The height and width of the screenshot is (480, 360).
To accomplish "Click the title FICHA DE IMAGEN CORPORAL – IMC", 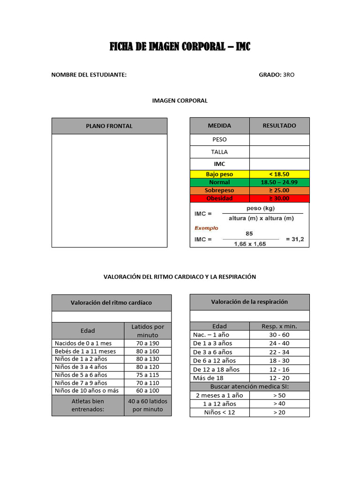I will coord(180,46).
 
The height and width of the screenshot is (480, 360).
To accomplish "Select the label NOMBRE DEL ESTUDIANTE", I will coord(89,75).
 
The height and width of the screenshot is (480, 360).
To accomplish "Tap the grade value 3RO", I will coord(289,75).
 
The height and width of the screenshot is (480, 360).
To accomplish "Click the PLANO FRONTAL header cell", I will coord(109,126).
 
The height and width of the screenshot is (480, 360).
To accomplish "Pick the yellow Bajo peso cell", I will coord(219,174).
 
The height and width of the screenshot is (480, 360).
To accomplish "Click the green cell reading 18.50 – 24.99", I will coord(279,182).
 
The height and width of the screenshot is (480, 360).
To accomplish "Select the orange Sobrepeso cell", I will coord(219,190).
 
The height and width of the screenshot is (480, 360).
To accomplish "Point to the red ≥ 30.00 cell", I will coord(279,198).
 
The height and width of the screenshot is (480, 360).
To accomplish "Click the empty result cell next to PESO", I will coord(279,140).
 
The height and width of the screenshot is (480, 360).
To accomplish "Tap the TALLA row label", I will coord(219,152).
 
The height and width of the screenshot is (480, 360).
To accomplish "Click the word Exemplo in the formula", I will coord(207,228).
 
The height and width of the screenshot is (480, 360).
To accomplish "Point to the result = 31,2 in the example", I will coord(294,239).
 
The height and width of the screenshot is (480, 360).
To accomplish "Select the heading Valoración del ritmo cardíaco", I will coord(111,302).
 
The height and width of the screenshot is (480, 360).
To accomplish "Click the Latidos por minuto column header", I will coord(148,331).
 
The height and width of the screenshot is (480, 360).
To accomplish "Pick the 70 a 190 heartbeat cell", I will coord(148,343).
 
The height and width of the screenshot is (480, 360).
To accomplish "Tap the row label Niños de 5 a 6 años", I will coord(81,375).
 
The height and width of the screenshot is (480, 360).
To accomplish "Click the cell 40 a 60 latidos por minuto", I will coord(148,405).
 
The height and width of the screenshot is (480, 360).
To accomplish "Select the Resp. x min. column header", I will coord(279,326).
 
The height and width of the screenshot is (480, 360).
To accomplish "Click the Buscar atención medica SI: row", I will coord(249,386).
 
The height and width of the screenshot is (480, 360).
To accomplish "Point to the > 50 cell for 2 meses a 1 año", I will coord(279,395).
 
